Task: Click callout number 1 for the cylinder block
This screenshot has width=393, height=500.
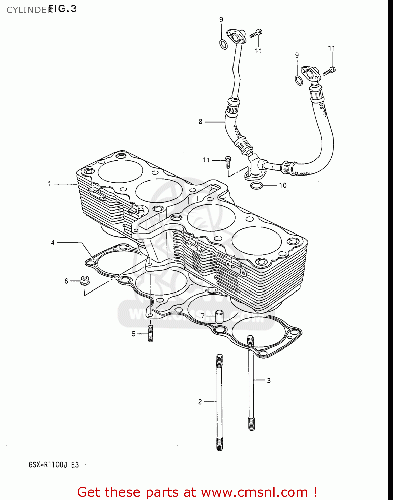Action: coord(49,184)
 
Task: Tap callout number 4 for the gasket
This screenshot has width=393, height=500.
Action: coord(53,243)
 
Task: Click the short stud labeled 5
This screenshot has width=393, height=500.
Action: coord(150,334)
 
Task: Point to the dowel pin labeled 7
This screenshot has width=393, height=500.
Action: coord(219,316)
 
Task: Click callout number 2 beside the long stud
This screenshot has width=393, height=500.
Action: coord(200,402)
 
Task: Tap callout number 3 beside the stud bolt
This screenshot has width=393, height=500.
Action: coord(269,380)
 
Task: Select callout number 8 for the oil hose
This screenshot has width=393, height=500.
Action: coord(200,122)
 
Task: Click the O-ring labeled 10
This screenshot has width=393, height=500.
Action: coord(256,185)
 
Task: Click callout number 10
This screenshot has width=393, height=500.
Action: coord(283,185)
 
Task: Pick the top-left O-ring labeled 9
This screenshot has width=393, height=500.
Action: coord(223,44)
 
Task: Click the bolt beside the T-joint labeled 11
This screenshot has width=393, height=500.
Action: coord(228,162)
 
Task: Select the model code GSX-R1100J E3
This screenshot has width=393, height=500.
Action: coord(54,464)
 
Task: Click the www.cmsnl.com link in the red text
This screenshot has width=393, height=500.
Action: coord(254,492)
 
